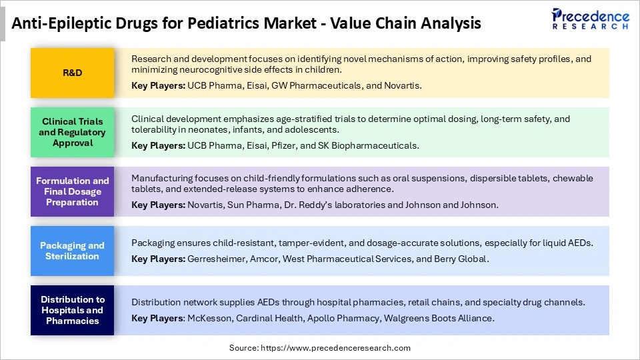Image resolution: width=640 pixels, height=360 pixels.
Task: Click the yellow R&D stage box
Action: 72,73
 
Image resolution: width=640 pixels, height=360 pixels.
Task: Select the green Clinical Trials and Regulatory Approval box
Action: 72,132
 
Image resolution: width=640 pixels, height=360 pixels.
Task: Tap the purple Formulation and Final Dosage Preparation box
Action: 72,191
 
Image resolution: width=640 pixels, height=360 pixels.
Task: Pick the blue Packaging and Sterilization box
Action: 72,251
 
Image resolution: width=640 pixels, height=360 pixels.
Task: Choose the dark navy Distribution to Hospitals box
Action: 72,310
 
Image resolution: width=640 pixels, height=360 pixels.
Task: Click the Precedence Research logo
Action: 589,19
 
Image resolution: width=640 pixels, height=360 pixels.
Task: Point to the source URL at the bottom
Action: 320,348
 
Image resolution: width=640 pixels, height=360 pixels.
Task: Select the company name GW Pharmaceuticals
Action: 322,86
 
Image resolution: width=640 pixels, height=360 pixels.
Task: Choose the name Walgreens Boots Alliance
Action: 439,318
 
